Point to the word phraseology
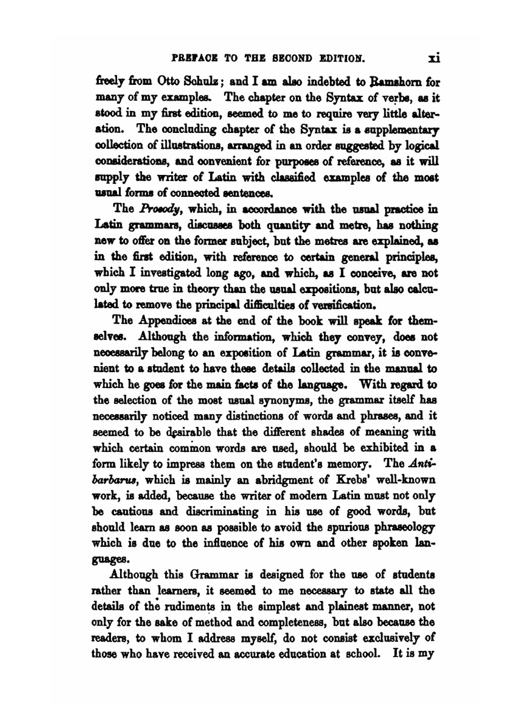(404, 527)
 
